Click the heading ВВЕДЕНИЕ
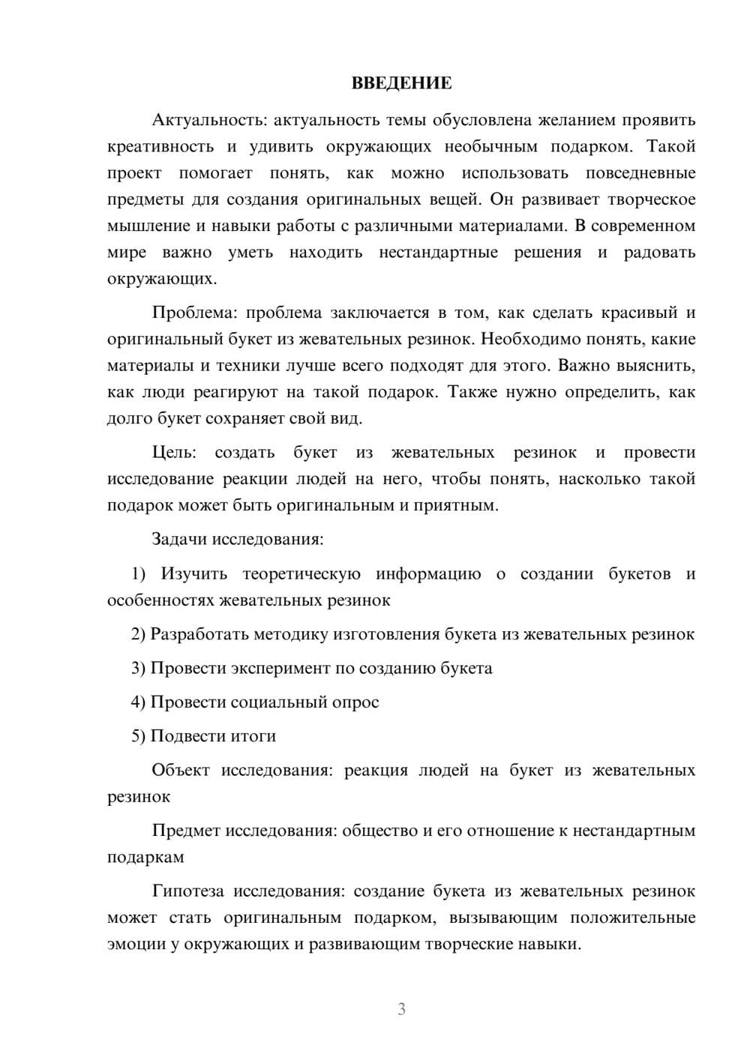pyautogui.click(x=401, y=83)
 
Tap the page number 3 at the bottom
pyautogui.click(x=401, y=1009)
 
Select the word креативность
pyautogui.click(x=160, y=147)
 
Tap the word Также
pyautogui.click(x=472, y=392)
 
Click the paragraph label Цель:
pyautogui.click(x=174, y=453)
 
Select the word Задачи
pyautogui.click(x=179, y=539)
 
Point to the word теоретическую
pyautogui.click(x=301, y=574)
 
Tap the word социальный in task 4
pyautogui.click(x=276, y=702)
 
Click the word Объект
pyautogui.click(x=181, y=770)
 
